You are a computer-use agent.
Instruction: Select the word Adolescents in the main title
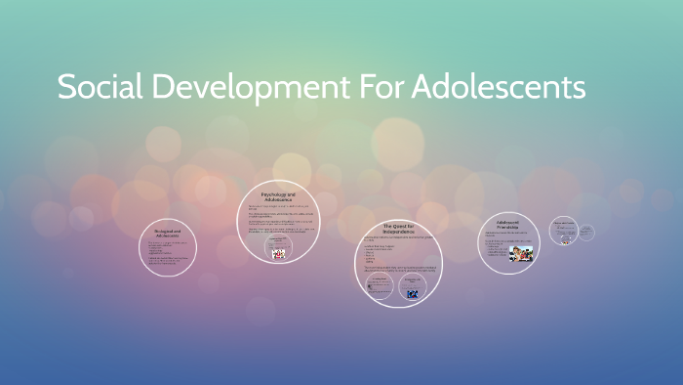pos(499,87)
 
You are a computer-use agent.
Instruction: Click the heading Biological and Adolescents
pos(168,234)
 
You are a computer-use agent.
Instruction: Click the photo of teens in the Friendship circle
pos(522,254)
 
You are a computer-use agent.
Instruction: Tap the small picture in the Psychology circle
pos(279,253)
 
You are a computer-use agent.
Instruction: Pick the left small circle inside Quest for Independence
pos(379,285)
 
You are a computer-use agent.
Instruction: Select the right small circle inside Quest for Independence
pos(412,286)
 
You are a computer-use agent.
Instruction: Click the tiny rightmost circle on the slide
pos(588,232)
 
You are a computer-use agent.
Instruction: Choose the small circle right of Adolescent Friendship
pos(564,231)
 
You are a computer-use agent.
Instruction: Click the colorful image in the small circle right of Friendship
pos(564,237)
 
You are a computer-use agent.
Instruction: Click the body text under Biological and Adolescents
pos(167,249)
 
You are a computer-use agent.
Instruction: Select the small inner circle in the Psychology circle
pos(279,251)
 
